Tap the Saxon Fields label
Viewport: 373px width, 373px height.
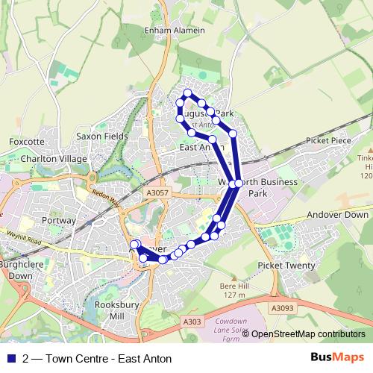102,137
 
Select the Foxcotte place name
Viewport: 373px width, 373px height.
27,141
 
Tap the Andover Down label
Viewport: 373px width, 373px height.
340,213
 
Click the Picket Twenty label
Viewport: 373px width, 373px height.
287,266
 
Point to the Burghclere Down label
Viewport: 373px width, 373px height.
16,269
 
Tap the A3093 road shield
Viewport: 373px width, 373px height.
282,307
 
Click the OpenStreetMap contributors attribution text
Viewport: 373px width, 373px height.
307,334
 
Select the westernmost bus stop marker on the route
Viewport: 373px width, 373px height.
135,245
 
